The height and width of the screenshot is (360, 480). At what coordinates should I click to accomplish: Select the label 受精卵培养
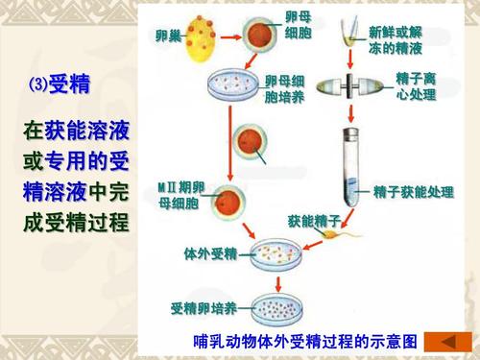pyautogui.click(x=204, y=308)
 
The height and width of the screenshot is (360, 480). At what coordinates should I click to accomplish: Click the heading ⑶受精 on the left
pyautogui.click(x=60, y=85)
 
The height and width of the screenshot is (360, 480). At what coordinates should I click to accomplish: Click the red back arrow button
pyautogui.click(x=445, y=341)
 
